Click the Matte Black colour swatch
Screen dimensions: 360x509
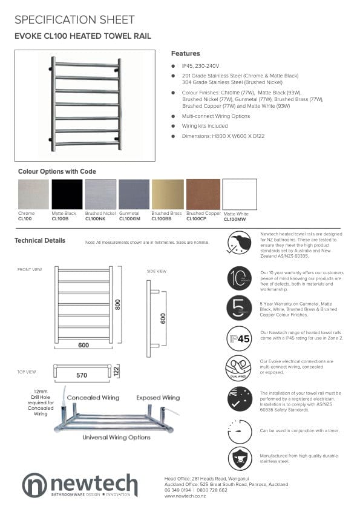67,194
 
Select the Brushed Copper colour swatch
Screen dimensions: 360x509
203,194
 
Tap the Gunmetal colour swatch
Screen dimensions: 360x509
134,194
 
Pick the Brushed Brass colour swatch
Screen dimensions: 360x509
167,194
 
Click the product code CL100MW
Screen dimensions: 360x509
235,220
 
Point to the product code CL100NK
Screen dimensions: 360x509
96,218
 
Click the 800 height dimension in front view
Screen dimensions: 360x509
117,304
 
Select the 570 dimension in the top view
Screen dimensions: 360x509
82,375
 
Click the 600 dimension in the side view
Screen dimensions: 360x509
163,318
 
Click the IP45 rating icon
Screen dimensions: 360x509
239,338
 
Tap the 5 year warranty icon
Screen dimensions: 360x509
239,307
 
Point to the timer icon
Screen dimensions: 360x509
239,430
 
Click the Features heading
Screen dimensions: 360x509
185,53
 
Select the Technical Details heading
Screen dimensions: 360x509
40,240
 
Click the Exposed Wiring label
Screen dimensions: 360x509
158,398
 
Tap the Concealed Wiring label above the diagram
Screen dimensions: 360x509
93,398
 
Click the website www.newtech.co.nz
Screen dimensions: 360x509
185,496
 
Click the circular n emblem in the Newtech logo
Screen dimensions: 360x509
34,485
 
